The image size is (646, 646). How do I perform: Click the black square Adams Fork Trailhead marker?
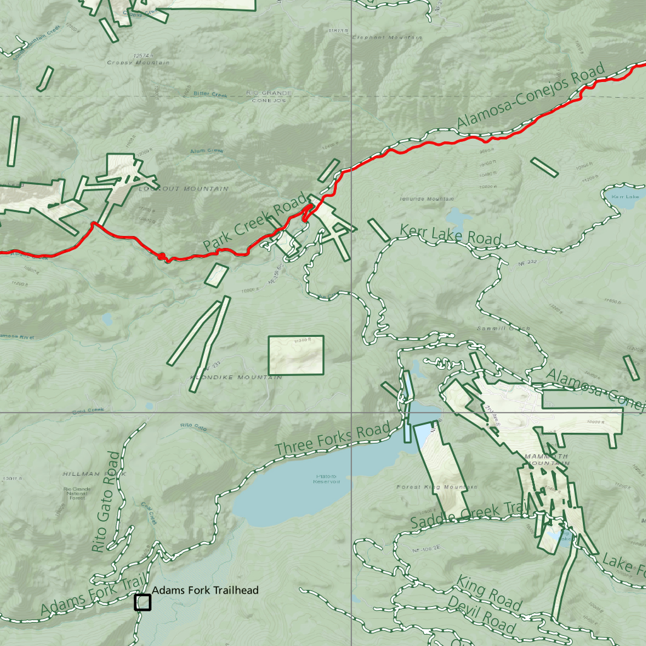(x=143, y=602)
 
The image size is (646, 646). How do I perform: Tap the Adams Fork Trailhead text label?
(x=205, y=590)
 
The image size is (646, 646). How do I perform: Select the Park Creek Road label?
(x=255, y=222)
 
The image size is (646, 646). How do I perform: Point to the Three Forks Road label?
(x=332, y=440)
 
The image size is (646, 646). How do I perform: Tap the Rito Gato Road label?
(x=105, y=502)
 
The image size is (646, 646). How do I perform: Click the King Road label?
(x=489, y=594)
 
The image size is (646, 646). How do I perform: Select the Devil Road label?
(x=481, y=614)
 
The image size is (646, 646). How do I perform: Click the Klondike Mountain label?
(x=236, y=377)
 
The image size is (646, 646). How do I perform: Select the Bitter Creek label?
(x=209, y=95)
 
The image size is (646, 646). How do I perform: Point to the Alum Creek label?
(x=206, y=151)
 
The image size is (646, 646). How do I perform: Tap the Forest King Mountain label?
(x=437, y=487)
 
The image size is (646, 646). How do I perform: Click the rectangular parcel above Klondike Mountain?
(x=296, y=354)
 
